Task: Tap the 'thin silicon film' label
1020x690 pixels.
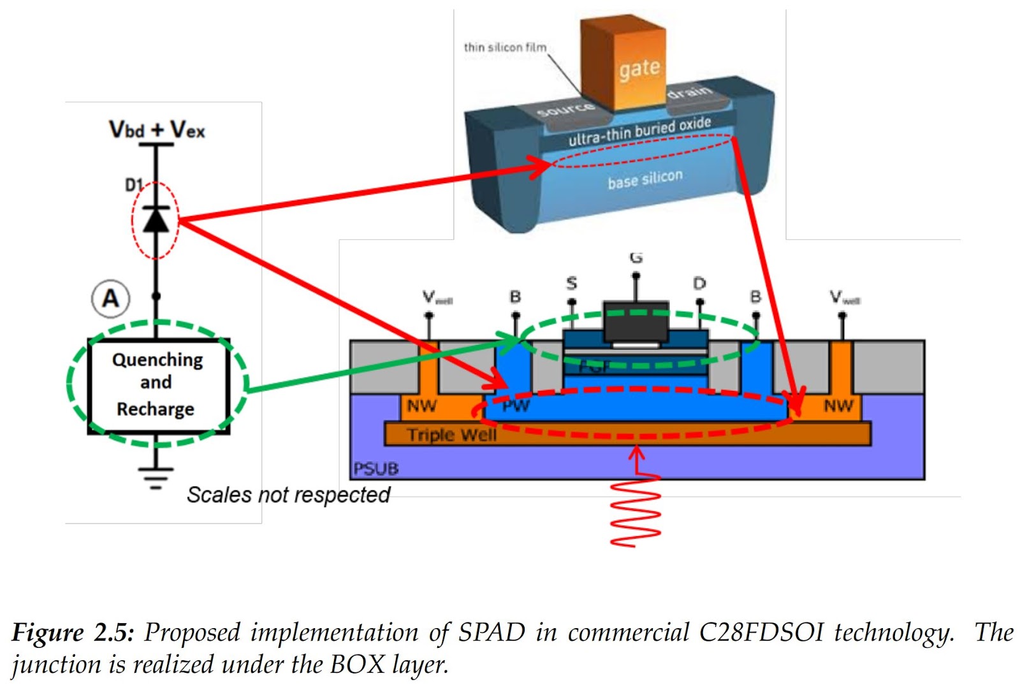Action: click(504, 47)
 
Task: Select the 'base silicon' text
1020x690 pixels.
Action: click(645, 179)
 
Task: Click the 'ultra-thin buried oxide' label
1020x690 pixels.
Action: click(639, 130)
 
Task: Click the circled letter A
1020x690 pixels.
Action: click(111, 298)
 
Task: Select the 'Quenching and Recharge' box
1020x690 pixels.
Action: click(157, 385)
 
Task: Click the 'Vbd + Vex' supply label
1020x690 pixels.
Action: click(157, 129)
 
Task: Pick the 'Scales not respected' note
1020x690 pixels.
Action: click(288, 495)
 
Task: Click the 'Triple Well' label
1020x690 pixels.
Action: click(451, 435)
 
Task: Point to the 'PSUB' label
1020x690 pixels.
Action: click(376, 469)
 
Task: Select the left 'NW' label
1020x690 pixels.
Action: click(421, 406)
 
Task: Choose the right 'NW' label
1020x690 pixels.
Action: click(838, 406)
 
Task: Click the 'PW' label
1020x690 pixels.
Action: click(516, 406)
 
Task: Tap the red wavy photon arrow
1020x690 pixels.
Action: click(635, 510)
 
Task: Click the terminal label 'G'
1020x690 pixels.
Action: click(636, 258)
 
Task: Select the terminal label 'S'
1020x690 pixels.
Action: click(572, 283)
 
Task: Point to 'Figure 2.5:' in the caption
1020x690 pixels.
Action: click(73, 633)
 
